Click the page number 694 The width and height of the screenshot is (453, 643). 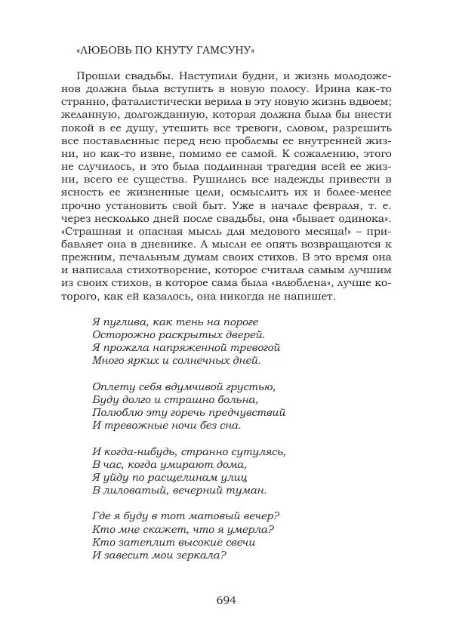(226, 600)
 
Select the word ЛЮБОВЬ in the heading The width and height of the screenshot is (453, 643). (101, 51)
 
